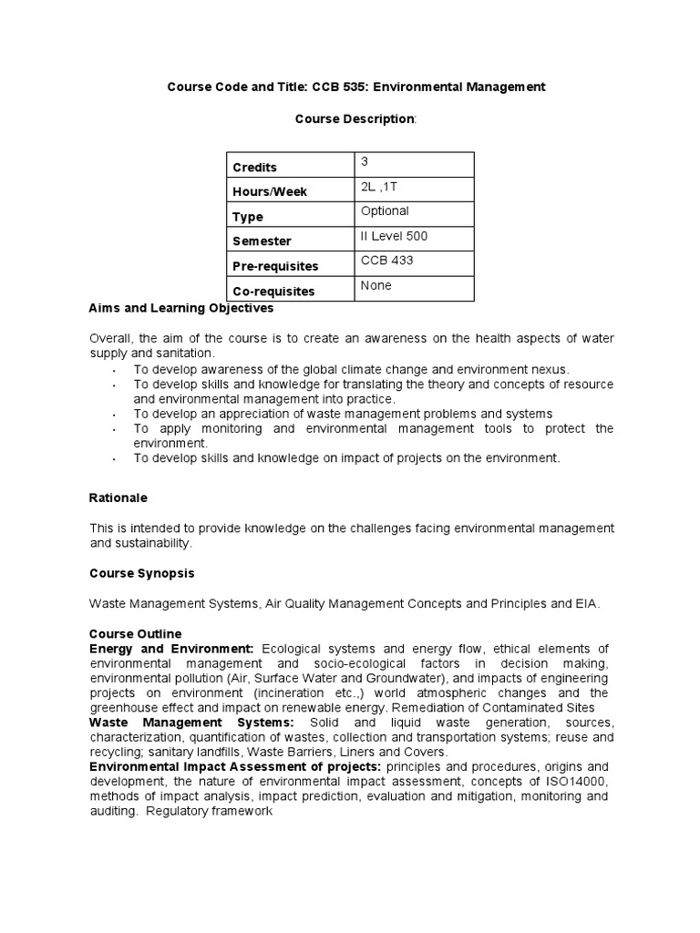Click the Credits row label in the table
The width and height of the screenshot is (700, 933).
point(254,167)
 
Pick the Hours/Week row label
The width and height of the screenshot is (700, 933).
point(270,191)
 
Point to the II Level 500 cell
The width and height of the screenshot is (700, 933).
point(395,236)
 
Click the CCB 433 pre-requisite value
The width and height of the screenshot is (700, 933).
point(386,261)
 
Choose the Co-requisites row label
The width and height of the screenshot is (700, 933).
point(273,292)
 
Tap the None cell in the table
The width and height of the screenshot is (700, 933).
point(376,285)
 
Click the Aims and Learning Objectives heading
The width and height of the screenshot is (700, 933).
point(181,309)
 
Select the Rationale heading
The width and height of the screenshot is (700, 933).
point(118,498)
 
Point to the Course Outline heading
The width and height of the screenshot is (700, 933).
point(135,633)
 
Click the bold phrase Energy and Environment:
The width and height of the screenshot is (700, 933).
point(171,648)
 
